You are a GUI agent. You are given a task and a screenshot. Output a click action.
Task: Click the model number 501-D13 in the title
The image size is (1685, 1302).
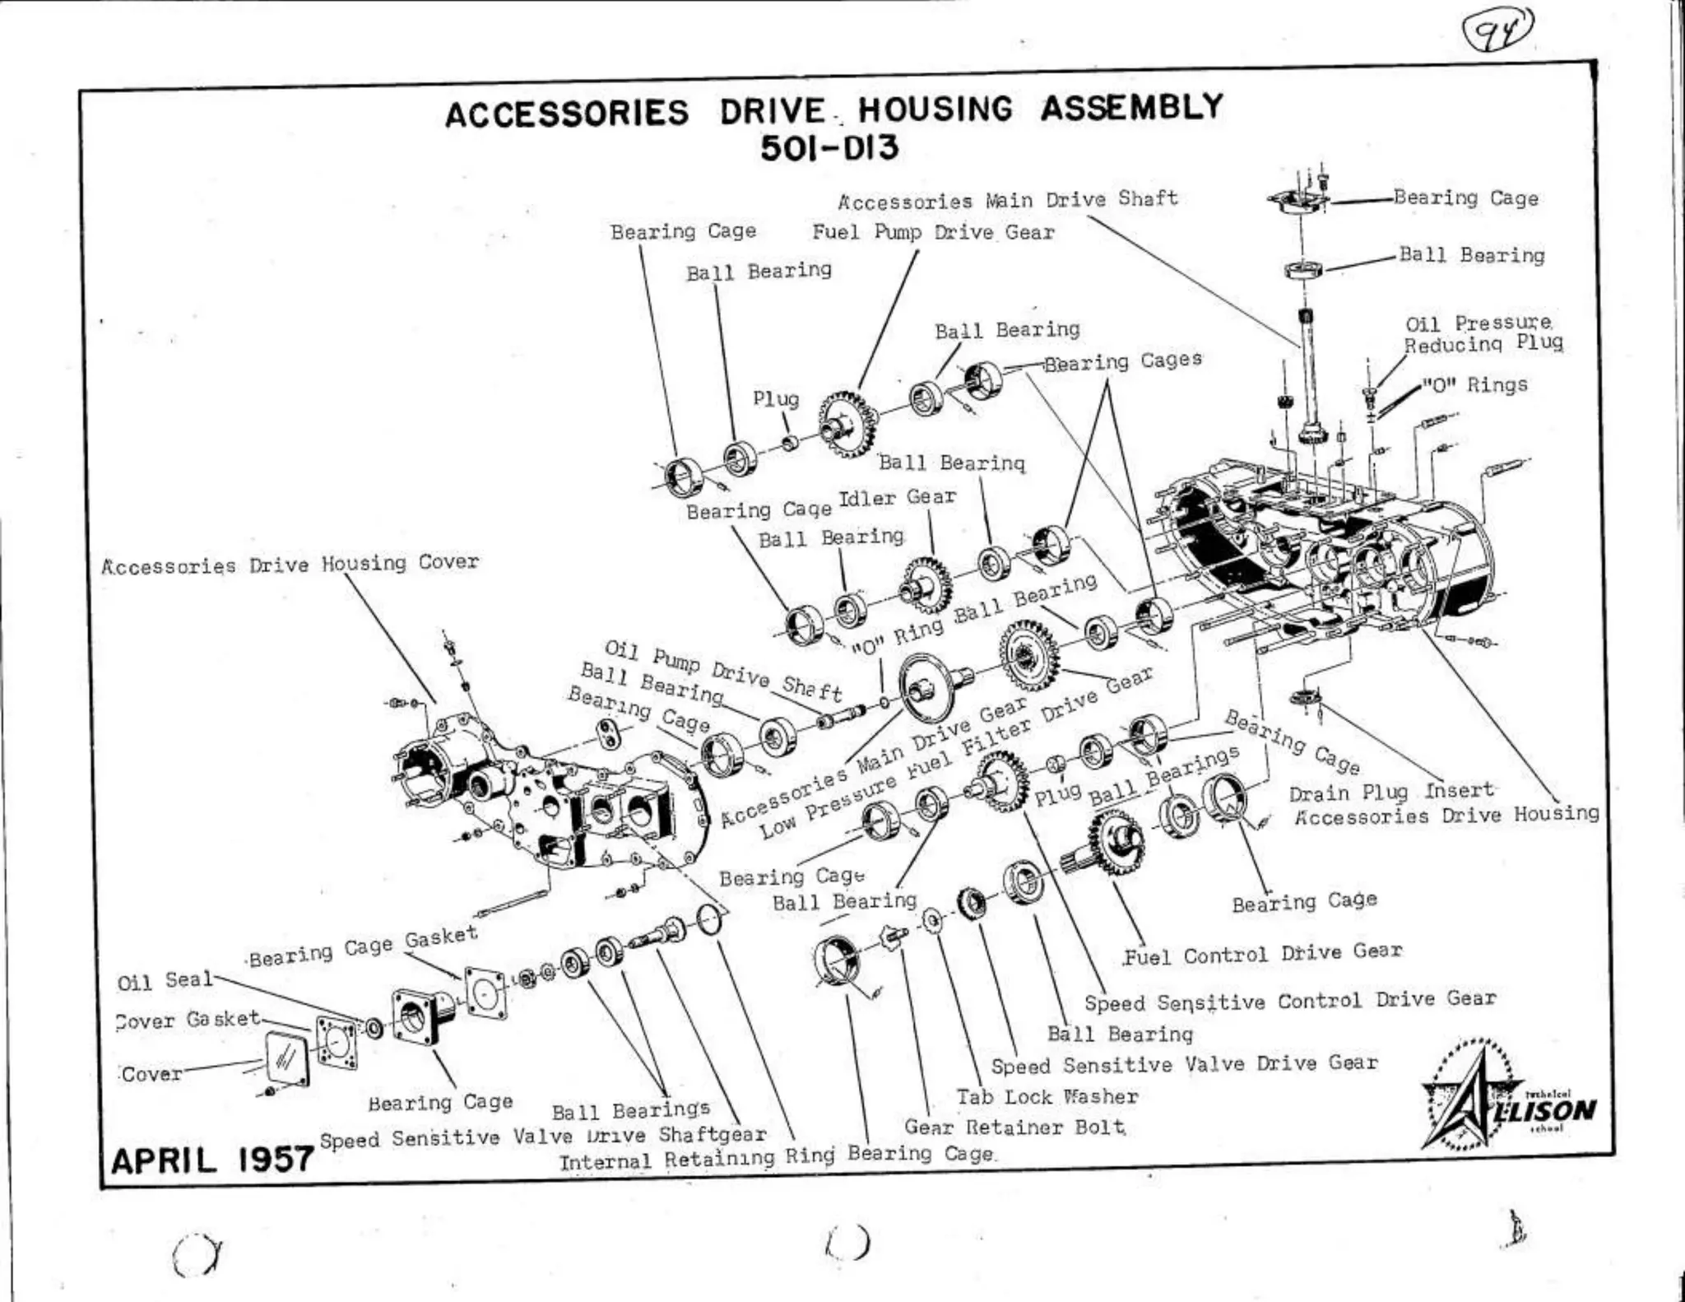pyautogui.click(x=829, y=149)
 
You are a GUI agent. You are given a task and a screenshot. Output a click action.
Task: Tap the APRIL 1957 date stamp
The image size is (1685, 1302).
pyautogui.click(x=212, y=1160)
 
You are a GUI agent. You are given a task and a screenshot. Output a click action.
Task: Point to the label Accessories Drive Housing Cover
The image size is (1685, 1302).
pyautogui.click(x=290, y=565)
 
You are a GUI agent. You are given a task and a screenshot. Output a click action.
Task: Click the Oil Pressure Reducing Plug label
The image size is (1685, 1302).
pyautogui.click(x=1483, y=333)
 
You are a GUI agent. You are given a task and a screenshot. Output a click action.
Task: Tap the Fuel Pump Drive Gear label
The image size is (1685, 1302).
pyautogui.click(x=933, y=233)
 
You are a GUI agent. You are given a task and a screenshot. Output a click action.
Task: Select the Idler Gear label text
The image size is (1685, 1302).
pyautogui.click(x=897, y=498)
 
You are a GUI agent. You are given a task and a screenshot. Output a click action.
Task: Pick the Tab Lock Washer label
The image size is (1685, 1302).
pyautogui.click(x=1047, y=1097)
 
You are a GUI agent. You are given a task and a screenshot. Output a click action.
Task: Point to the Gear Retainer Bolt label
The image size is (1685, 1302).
pyautogui.click(x=1014, y=1127)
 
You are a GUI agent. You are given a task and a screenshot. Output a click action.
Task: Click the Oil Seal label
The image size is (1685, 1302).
pyautogui.click(x=165, y=981)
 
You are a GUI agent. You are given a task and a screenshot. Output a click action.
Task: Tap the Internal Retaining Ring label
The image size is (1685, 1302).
pyautogui.click(x=697, y=1160)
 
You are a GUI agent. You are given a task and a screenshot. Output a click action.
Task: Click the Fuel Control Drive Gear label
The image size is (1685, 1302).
pyautogui.click(x=1262, y=954)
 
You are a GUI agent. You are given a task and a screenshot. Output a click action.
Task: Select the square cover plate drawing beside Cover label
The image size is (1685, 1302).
pyautogui.click(x=287, y=1060)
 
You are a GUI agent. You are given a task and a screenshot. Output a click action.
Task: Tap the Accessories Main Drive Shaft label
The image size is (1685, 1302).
pyautogui.click(x=1008, y=200)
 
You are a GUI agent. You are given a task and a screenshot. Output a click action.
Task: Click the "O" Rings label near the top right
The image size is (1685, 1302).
pyautogui.click(x=1475, y=385)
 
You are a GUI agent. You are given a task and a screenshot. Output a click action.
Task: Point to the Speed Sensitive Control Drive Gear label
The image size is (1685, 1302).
pyautogui.click(x=1289, y=1001)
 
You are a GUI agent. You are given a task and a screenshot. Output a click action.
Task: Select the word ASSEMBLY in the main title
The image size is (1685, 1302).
pyautogui.click(x=1131, y=108)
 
